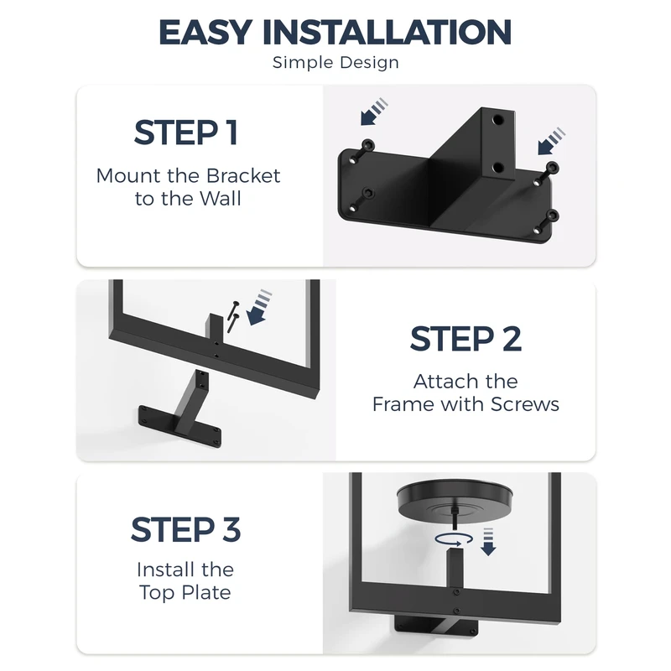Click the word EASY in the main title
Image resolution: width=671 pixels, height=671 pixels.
coord(205,32)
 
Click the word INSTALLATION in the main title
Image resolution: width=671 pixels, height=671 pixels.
coord(387,32)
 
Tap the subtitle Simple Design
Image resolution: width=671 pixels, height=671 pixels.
coord(335,63)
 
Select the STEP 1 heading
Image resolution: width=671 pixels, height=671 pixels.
coord(185,133)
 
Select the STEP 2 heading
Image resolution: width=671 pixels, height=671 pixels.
coord(466,339)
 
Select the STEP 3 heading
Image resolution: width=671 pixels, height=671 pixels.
coord(185,529)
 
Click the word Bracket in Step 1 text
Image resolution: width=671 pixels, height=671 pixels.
coord(243,176)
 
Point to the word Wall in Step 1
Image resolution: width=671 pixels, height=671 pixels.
coord(220,199)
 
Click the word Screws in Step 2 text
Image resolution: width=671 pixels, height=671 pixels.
coord(525,404)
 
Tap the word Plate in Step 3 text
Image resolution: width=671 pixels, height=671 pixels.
coord(206,593)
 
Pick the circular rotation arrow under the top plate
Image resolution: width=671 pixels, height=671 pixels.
coord(454,539)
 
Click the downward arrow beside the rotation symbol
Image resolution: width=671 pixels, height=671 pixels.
coord(488,542)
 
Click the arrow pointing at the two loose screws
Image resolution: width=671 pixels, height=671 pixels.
coord(258,308)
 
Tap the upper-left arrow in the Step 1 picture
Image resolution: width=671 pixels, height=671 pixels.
coord(373,112)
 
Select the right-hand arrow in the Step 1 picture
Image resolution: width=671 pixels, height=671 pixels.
coord(551,141)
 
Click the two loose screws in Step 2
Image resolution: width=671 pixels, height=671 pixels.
coord(233,317)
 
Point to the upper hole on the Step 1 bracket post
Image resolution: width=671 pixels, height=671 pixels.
coord(497,120)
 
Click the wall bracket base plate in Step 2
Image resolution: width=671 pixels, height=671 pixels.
coord(179,427)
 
